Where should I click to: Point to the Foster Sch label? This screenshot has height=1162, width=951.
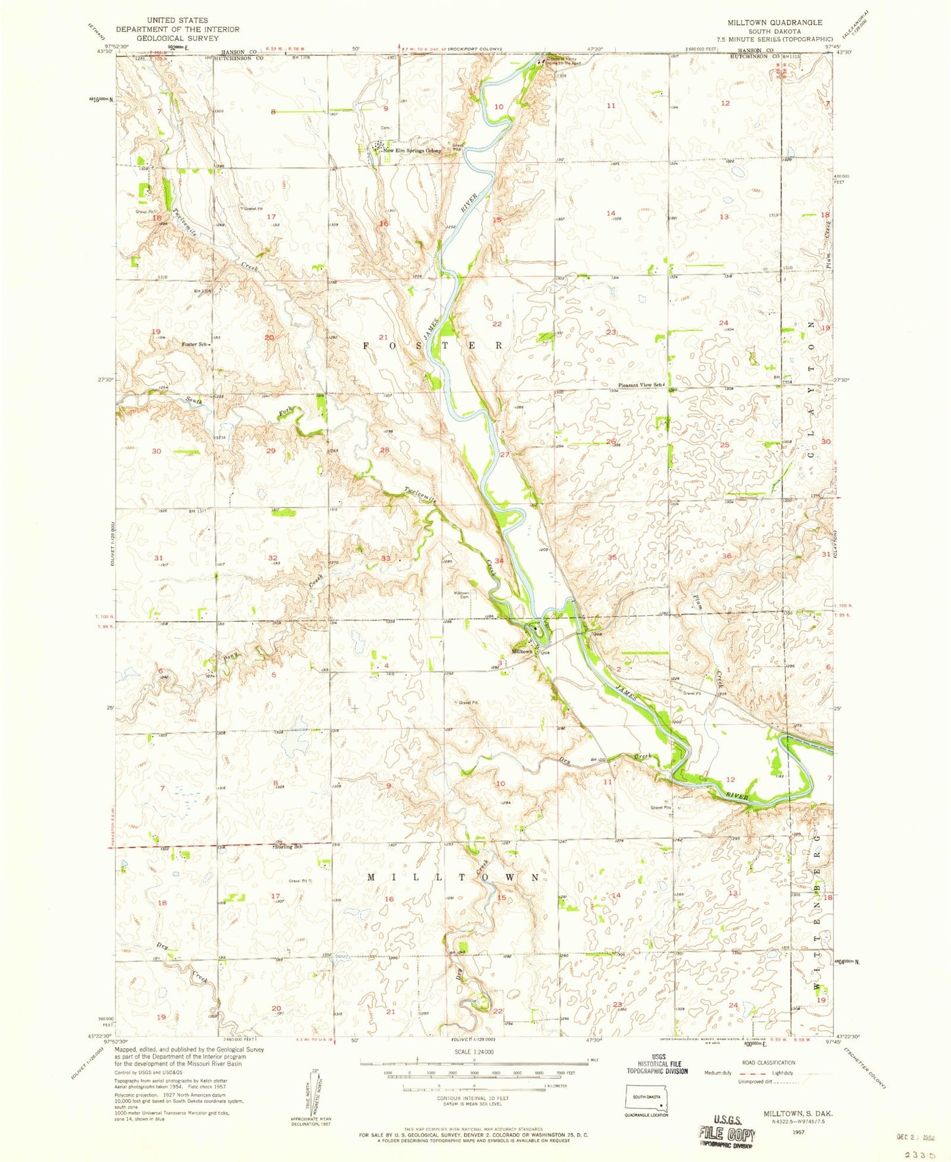(x=195, y=344)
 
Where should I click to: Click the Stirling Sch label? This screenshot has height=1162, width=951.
(x=288, y=847)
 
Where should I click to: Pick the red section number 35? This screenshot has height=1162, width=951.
(x=612, y=557)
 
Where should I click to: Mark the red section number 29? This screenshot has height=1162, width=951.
(x=270, y=451)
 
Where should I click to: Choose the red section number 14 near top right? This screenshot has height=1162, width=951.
(x=611, y=213)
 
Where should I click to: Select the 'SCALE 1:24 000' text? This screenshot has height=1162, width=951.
(x=473, y=1052)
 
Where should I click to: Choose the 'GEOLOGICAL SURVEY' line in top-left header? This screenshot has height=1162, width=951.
(x=178, y=38)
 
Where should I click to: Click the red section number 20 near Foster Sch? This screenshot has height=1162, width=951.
(x=269, y=338)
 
